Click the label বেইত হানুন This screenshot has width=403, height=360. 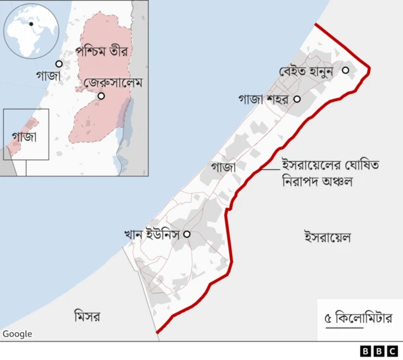pos(309,71)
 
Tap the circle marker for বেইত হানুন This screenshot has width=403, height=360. pos(345,70)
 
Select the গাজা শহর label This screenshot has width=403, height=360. pos(263,99)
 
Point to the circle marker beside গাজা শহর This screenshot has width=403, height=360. pos(297,99)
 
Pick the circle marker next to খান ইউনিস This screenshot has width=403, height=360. pos(186,234)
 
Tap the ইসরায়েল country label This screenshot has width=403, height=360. pos(327,237)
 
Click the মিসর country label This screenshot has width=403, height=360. pos(88,314)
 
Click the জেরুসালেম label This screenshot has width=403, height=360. pos(114,83)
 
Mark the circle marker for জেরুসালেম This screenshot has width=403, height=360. pos(101,96)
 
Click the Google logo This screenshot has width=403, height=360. pos(17,334)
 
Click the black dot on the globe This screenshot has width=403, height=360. pos(31,24)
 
